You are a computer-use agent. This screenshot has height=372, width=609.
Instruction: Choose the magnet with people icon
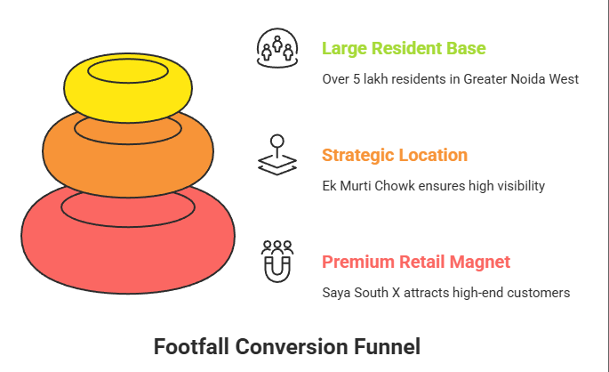[276, 260]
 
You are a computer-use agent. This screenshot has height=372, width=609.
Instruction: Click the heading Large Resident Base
[404, 48]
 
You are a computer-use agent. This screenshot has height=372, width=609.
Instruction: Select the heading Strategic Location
[394, 155]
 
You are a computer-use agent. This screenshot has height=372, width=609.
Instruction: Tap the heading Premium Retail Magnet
[416, 262]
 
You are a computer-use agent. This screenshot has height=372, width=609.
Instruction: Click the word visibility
[518, 186]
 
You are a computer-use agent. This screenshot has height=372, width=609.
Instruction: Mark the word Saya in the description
[336, 293]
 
